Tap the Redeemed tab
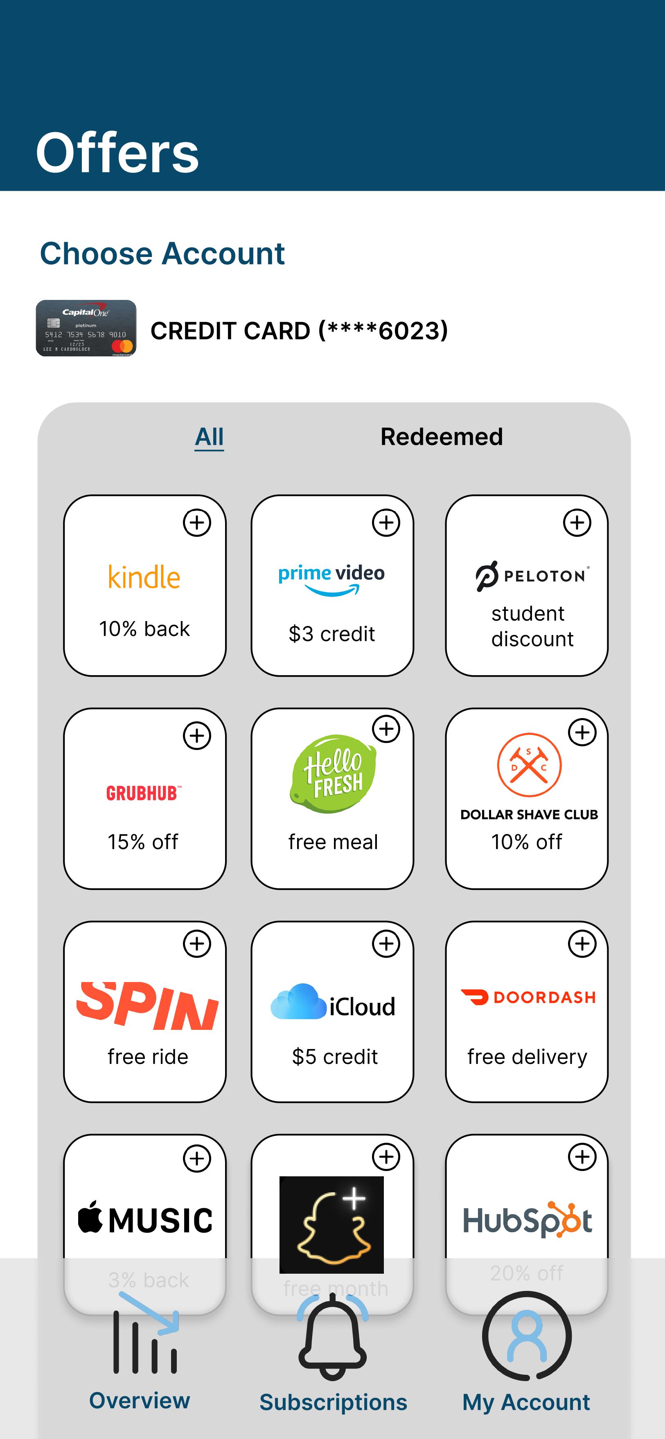(442, 437)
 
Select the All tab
(209, 437)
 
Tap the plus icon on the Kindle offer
(197, 523)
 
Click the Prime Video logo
(331, 578)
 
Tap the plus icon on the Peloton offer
(577, 523)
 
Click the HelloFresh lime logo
(334, 773)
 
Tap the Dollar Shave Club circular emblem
(529, 765)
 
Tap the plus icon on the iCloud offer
(386, 944)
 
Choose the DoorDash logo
(528, 997)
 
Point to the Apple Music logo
(145, 1219)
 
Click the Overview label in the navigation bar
(140, 1401)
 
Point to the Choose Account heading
(162, 254)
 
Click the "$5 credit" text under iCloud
(335, 1057)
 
